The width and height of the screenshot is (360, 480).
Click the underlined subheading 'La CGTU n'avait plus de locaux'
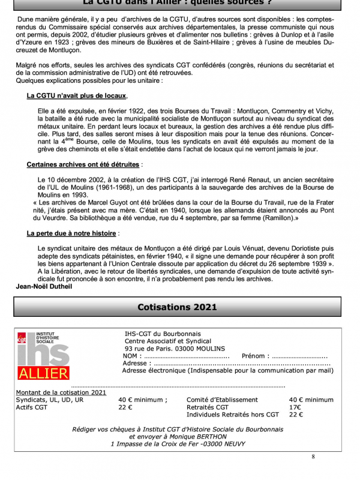tap(76, 95)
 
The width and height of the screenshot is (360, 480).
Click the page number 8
tap(313, 457)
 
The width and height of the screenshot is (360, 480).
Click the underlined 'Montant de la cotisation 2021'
tap(61, 392)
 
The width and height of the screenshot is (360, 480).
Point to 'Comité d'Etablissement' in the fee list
tap(222, 400)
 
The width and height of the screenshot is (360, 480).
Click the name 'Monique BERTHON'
tap(202, 436)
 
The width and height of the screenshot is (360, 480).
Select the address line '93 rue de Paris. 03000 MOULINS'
tap(175, 348)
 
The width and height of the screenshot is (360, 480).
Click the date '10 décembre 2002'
tap(74, 179)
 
